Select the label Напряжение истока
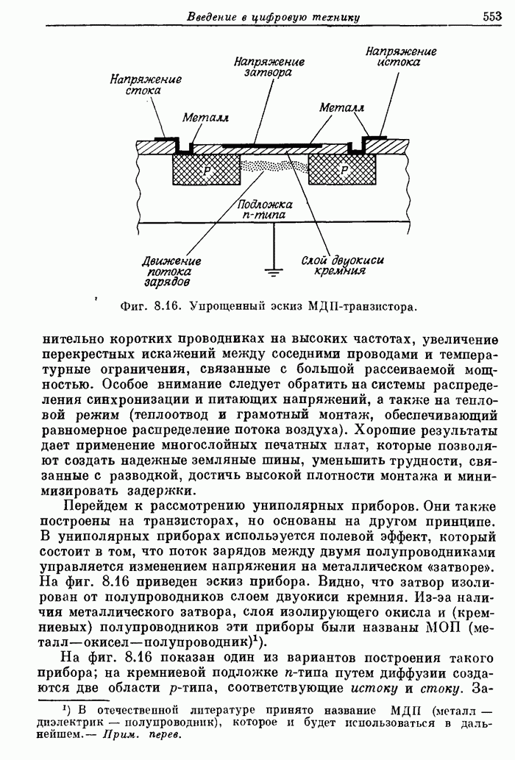(401, 57)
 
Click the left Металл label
(205, 118)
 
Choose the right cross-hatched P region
(344, 170)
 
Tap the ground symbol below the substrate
(274, 271)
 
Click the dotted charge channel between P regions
(276, 166)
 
